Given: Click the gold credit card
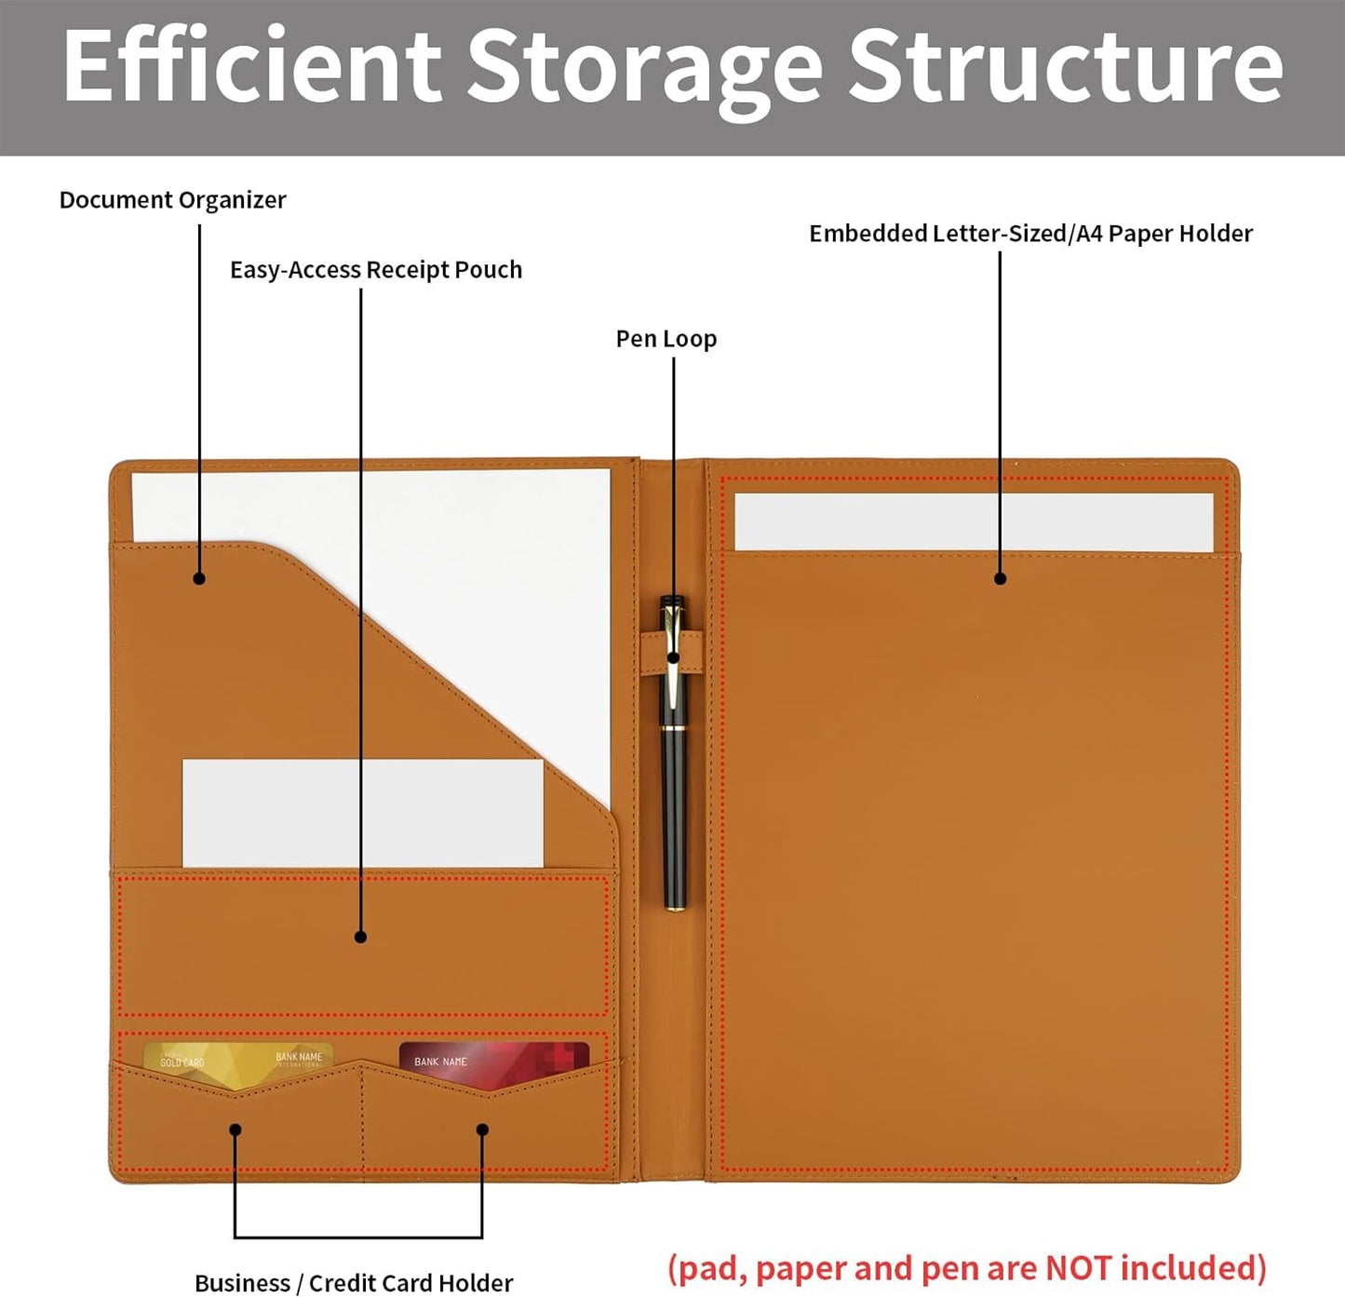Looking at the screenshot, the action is (237, 1065).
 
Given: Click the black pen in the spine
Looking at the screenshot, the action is (673, 753).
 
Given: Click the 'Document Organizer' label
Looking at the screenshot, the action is (173, 200).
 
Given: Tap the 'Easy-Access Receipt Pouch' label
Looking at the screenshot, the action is (376, 270).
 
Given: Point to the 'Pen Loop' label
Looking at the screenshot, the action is (666, 339).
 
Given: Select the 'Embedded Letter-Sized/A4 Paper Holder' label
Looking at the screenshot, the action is (1030, 234).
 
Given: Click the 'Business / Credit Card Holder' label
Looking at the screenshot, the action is (354, 1264).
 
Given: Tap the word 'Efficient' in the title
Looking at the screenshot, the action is (252, 66).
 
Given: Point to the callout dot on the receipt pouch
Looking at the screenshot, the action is (361, 937).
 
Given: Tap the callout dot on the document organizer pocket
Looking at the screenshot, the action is (199, 578).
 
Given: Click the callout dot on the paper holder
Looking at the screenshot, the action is (1000, 578).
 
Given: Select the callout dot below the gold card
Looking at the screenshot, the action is (235, 1129).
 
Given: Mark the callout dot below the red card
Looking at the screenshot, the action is (482, 1129).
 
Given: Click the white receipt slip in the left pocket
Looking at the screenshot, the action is (363, 813).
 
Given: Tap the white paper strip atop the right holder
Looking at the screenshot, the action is (974, 522).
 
